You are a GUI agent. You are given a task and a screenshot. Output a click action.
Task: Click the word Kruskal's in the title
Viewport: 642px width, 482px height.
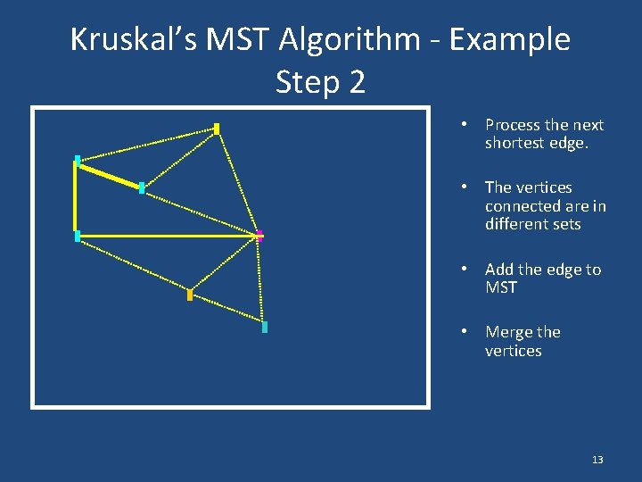(x=125, y=39)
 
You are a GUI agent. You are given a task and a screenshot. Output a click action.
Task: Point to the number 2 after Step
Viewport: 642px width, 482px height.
(x=356, y=82)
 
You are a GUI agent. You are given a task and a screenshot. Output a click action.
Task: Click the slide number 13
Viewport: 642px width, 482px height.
(x=597, y=460)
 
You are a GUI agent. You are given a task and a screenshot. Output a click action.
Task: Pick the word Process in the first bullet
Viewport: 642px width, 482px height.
(x=512, y=125)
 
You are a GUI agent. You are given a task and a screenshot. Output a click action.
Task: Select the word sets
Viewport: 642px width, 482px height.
(x=566, y=225)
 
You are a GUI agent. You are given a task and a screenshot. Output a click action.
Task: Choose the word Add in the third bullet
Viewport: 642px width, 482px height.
(x=499, y=270)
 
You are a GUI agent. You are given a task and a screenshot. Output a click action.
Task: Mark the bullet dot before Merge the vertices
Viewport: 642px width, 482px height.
(x=465, y=332)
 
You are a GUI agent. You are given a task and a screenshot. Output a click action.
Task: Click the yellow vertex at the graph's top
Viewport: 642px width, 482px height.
(x=217, y=129)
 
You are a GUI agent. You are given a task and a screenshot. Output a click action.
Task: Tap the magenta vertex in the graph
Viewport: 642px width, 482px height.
(x=259, y=236)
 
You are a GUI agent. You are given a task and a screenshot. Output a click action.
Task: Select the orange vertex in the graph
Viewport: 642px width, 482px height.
(x=190, y=295)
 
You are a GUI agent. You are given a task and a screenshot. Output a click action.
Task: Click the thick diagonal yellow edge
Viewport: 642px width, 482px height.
(x=109, y=174)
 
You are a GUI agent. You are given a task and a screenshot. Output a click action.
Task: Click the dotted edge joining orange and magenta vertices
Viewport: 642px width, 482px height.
(x=225, y=265)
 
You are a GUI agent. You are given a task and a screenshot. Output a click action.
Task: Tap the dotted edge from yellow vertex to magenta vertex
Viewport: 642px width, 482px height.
(x=238, y=182)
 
